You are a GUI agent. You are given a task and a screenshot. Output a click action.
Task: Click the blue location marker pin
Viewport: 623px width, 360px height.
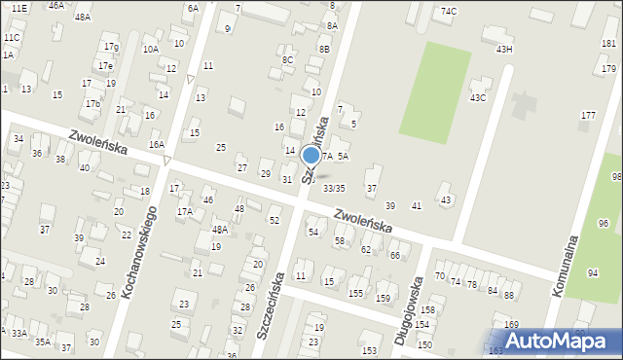pos(311,156)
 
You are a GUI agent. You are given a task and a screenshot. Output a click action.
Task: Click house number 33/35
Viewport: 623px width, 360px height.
pos(334,188)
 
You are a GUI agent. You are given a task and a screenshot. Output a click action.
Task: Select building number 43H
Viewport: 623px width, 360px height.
pos(504,49)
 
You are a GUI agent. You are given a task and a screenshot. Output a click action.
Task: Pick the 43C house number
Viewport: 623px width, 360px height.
pos(478,97)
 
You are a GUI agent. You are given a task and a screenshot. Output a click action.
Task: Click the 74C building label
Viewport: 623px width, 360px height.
pos(449,11)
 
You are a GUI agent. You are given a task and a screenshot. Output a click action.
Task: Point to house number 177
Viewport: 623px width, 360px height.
pos(588,116)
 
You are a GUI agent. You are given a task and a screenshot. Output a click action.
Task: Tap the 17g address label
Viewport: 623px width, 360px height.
pos(111,47)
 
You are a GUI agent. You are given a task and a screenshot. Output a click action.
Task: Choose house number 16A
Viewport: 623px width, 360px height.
pos(156,144)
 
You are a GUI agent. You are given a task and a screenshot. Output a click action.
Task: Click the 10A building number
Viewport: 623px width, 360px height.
pos(150,49)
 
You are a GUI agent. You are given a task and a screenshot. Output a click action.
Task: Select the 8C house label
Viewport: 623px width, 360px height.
pos(287,60)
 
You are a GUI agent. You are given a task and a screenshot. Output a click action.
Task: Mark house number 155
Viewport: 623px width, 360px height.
pos(356,293)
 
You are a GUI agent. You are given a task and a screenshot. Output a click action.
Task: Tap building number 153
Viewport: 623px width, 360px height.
pos(369,350)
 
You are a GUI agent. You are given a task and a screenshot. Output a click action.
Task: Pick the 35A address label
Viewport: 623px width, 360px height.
pos(43,342)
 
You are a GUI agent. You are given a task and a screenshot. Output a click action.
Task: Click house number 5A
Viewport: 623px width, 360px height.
pos(344,156)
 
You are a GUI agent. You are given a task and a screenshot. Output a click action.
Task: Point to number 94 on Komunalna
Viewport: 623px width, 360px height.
pos(594,272)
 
